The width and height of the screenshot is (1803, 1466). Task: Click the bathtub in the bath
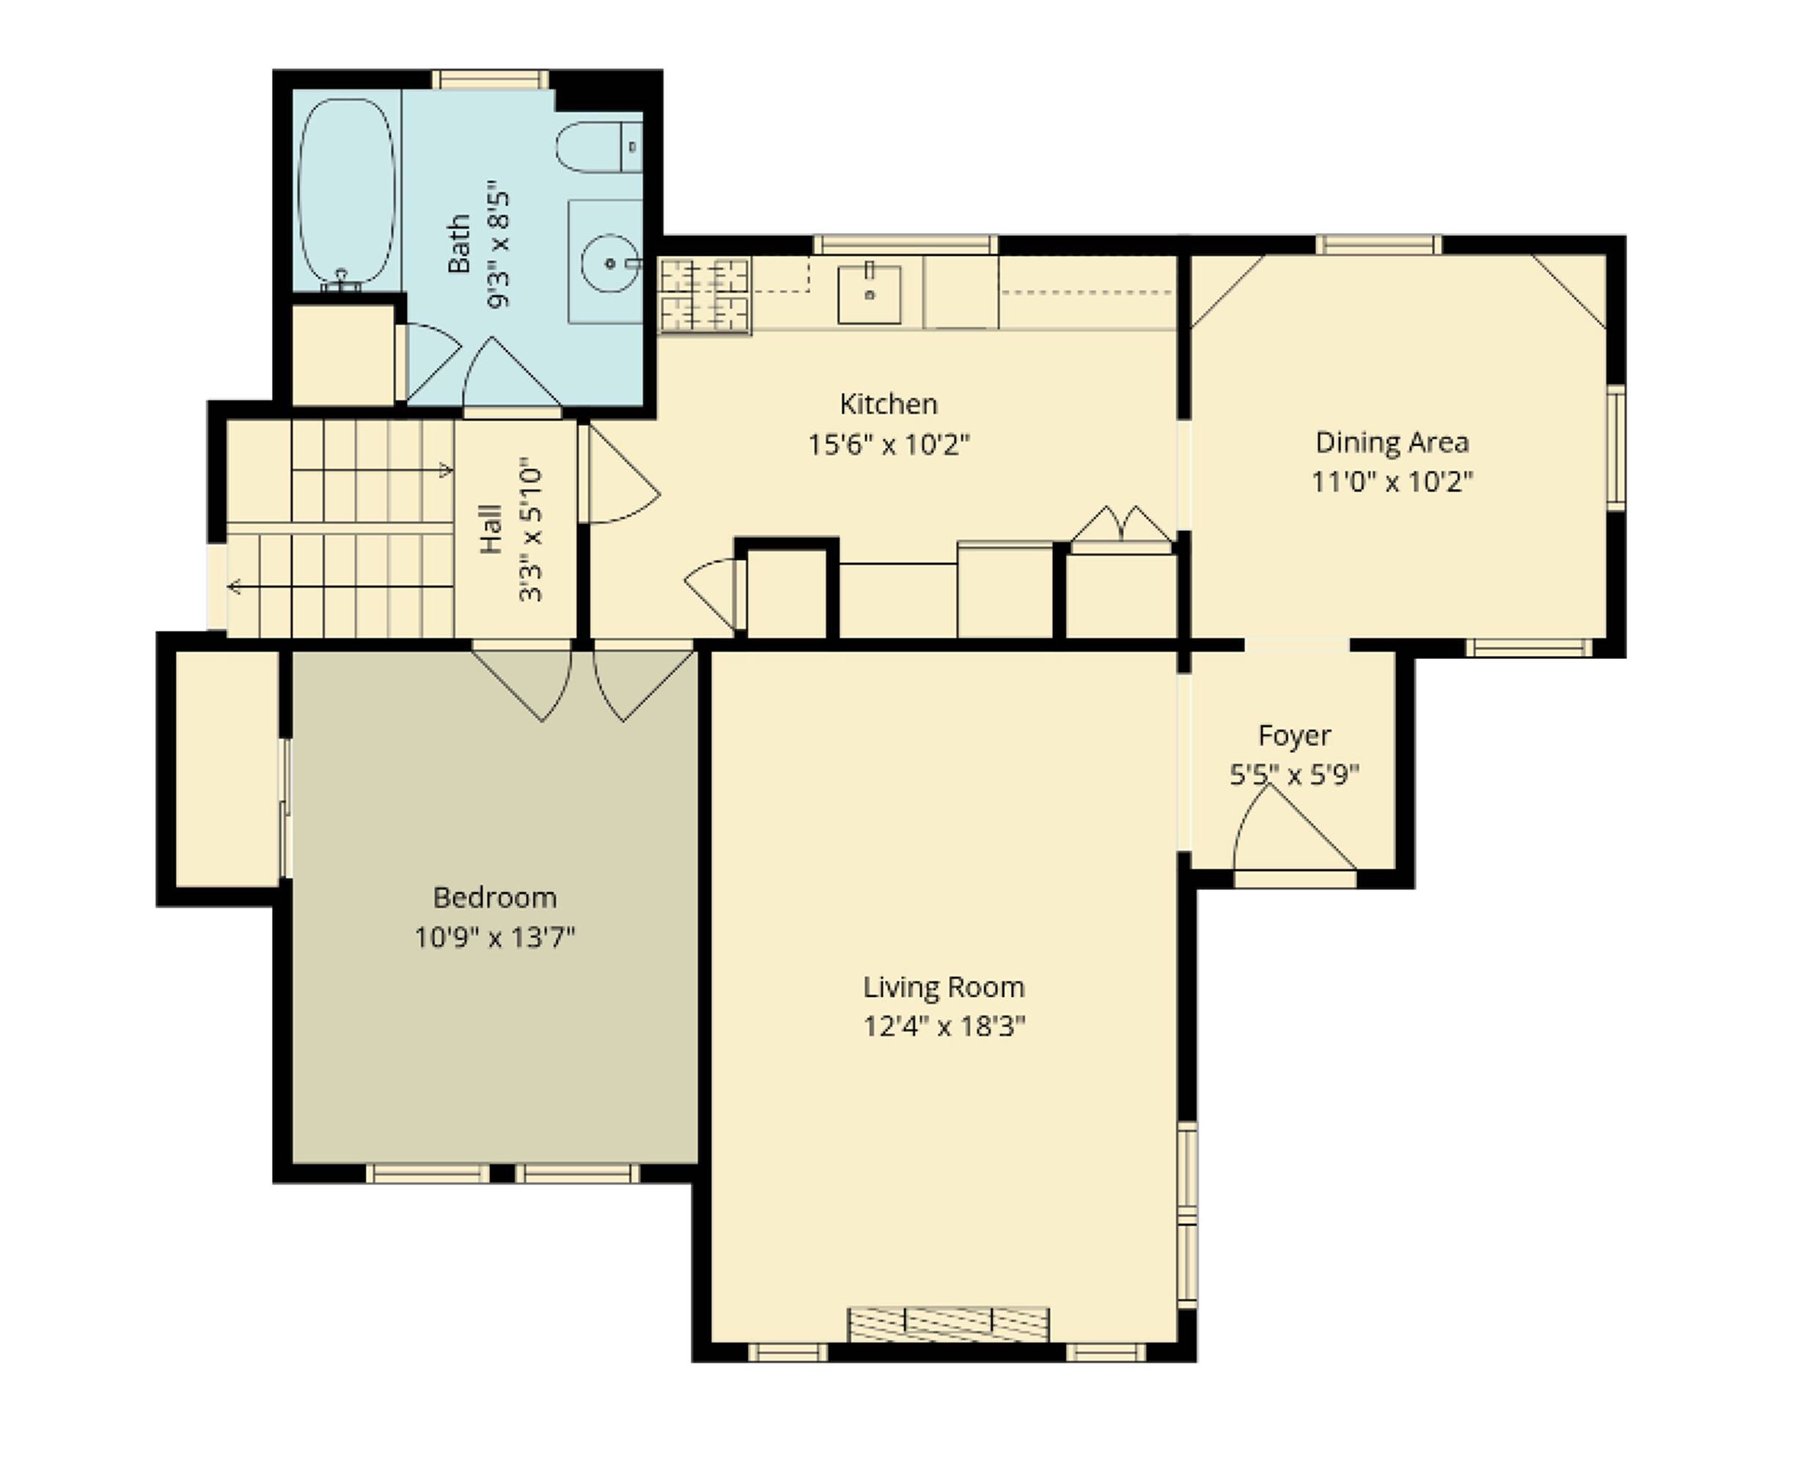(x=347, y=192)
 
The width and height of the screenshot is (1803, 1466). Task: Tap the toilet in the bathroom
(x=599, y=147)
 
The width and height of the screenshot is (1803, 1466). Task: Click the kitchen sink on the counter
(x=868, y=295)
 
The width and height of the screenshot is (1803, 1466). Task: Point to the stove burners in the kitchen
(x=705, y=295)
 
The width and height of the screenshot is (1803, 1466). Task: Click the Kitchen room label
(x=889, y=404)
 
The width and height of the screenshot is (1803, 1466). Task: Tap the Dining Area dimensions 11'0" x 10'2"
(x=1392, y=482)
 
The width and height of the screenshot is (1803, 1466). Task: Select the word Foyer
(x=1293, y=735)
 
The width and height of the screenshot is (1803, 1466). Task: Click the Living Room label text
(x=944, y=987)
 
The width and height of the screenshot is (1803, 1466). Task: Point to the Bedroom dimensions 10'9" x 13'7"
(x=494, y=938)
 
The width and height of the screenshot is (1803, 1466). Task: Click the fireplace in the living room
(x=948, y=1324)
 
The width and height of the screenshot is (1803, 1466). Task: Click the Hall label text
(x=491, y=529)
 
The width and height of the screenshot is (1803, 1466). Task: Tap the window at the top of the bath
(x=491, y=79)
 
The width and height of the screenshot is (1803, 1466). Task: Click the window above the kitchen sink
(x=906, y=245)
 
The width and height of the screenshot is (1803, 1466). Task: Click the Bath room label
(x=458, y=244)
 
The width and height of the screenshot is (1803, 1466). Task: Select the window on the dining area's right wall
(x=1615, y=448)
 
